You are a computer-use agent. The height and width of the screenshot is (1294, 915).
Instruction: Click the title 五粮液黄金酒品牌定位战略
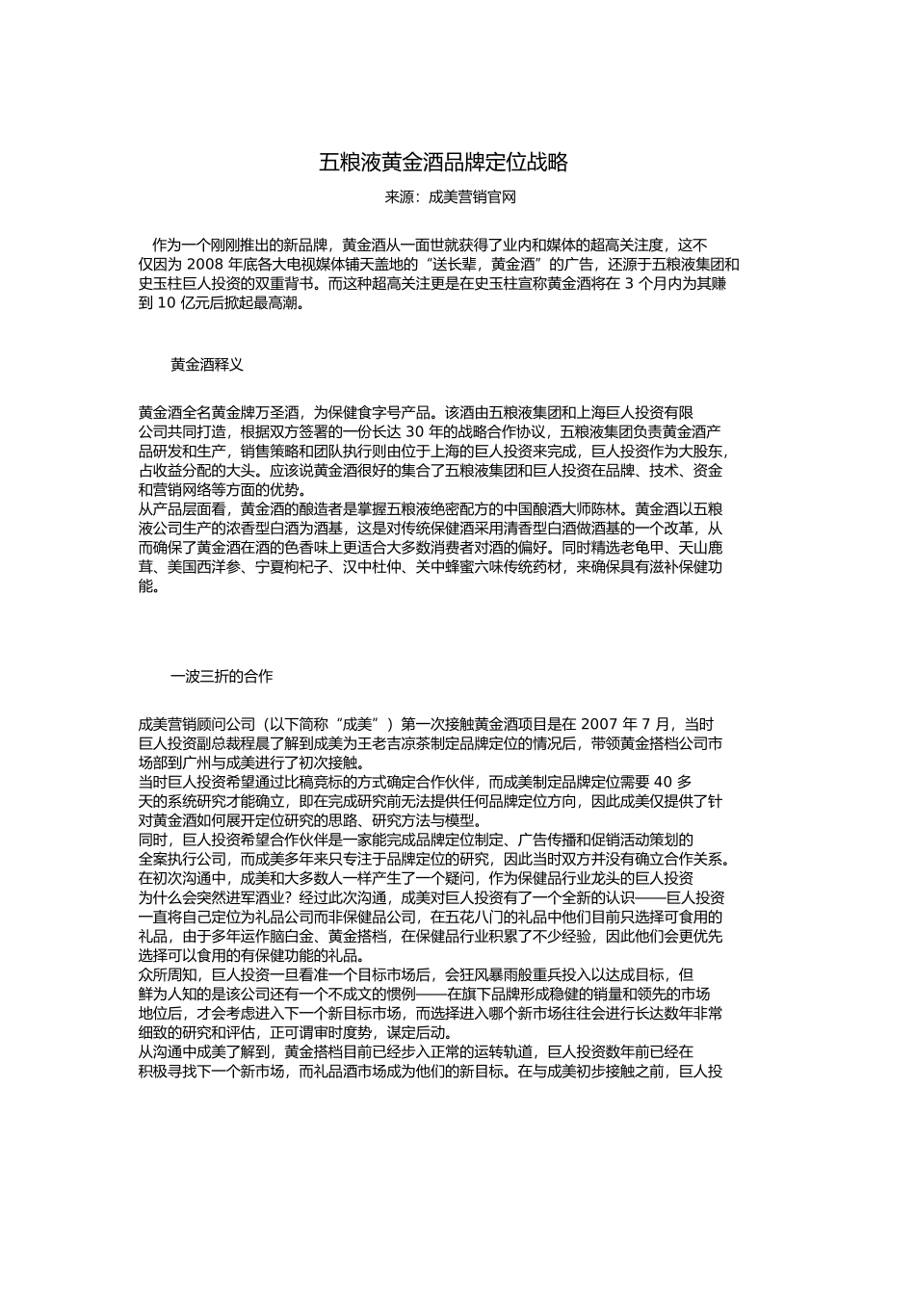point(444,162)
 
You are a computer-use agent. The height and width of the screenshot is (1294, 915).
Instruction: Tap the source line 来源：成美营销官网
point(451,197)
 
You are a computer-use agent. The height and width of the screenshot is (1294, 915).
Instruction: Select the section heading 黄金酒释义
point(207,365)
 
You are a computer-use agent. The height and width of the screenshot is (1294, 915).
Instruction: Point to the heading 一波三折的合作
point(222,676)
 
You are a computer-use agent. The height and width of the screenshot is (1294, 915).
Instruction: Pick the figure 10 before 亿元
point(165,302)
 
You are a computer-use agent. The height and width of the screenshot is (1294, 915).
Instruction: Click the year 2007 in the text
point(601,724)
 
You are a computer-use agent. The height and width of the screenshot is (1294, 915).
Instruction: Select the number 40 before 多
point(666,781)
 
